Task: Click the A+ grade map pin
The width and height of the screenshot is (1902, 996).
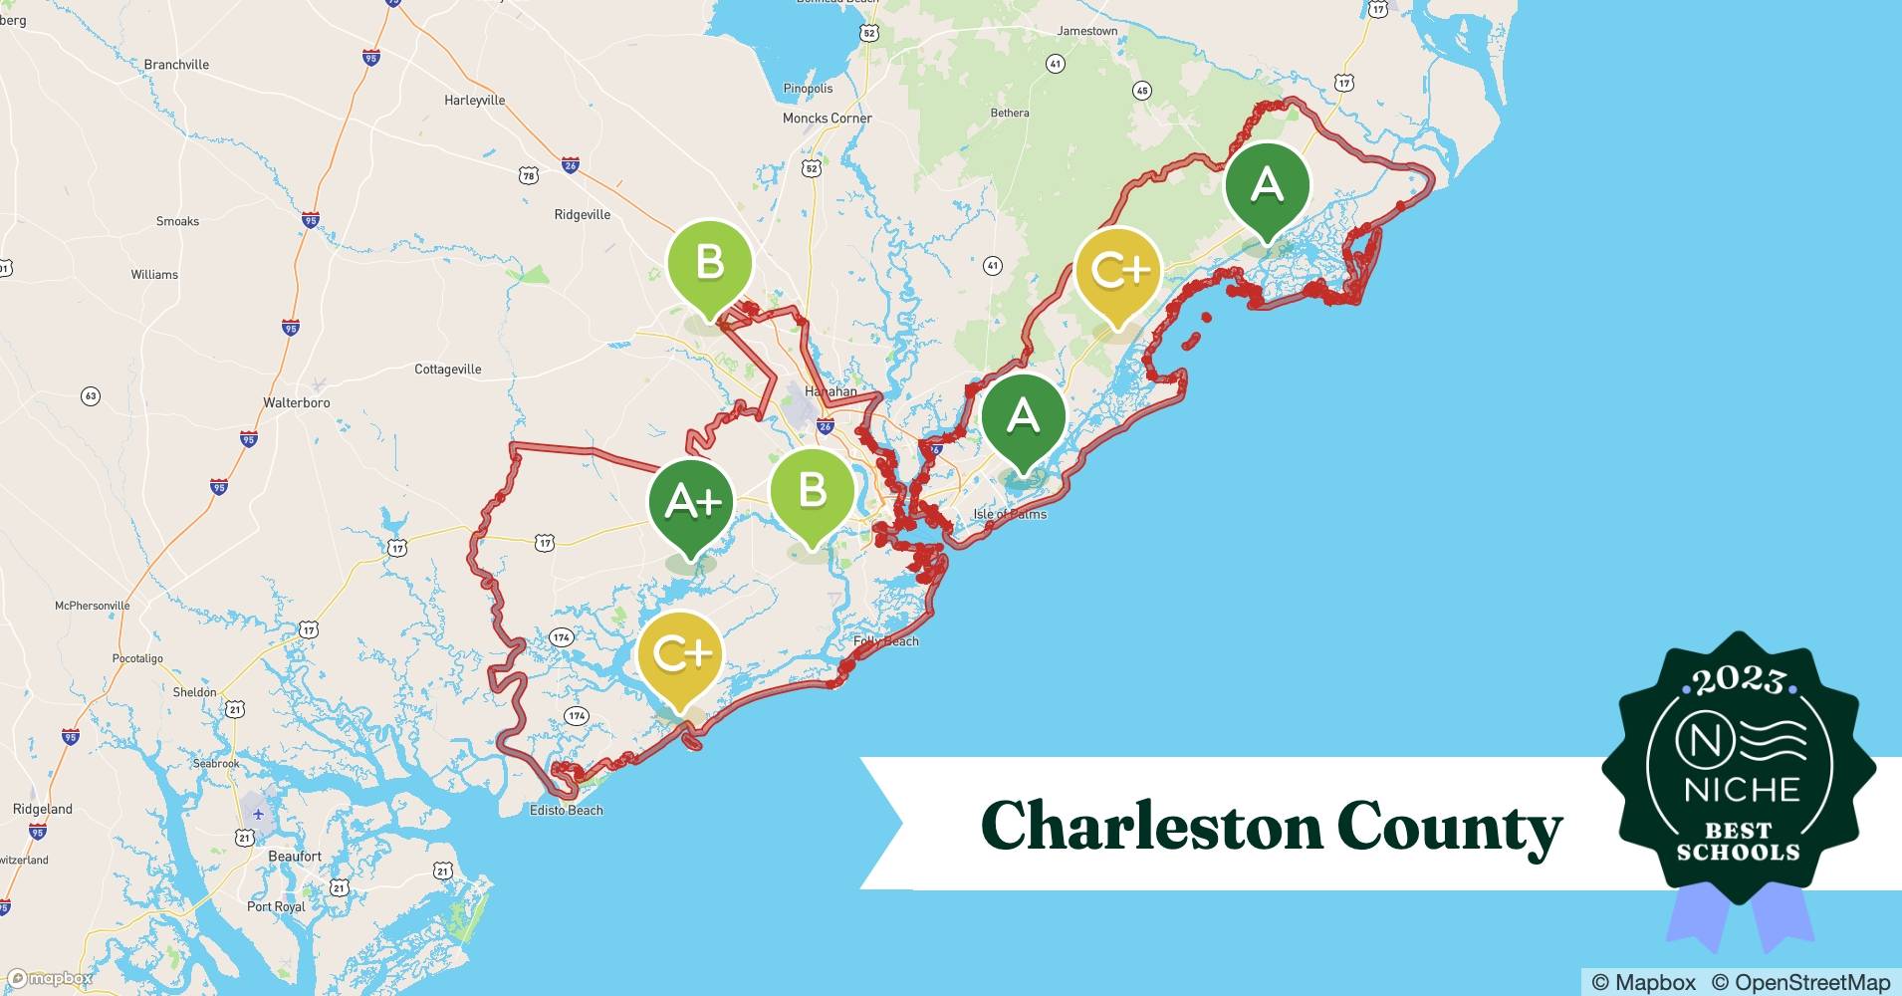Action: (x=691, y=502)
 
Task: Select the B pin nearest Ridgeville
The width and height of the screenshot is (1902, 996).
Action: (x=709, y=263)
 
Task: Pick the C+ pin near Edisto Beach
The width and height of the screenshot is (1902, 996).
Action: (x=681, y=653)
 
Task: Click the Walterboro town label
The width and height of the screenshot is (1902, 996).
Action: (x=296, y=403)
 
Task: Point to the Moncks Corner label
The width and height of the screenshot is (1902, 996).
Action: (x=827, y=119)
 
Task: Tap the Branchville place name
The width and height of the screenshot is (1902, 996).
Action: (x=176, y=65)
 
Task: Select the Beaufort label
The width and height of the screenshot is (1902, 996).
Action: (x=295, y=857)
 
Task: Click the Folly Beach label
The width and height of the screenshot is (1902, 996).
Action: (x=885, y=641)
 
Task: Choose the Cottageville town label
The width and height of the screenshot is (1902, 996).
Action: (x=447, y=370)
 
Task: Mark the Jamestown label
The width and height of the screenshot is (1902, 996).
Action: (x=1086, y=31)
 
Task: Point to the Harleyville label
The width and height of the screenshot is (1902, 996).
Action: (x=474, y=101)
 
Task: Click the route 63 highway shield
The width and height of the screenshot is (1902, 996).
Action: (x=91, y=396)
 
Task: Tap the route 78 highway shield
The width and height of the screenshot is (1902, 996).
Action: (x=528, y=176)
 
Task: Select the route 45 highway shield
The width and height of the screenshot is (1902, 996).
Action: (x=1142, y=91)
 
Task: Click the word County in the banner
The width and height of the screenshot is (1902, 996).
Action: (x=1449, y=827)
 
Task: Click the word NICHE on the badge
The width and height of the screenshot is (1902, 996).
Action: (x=1742, y=790)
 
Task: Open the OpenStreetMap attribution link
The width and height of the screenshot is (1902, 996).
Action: (x=1800, y=982)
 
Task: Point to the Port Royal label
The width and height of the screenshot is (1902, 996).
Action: (x=276, y=907)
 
